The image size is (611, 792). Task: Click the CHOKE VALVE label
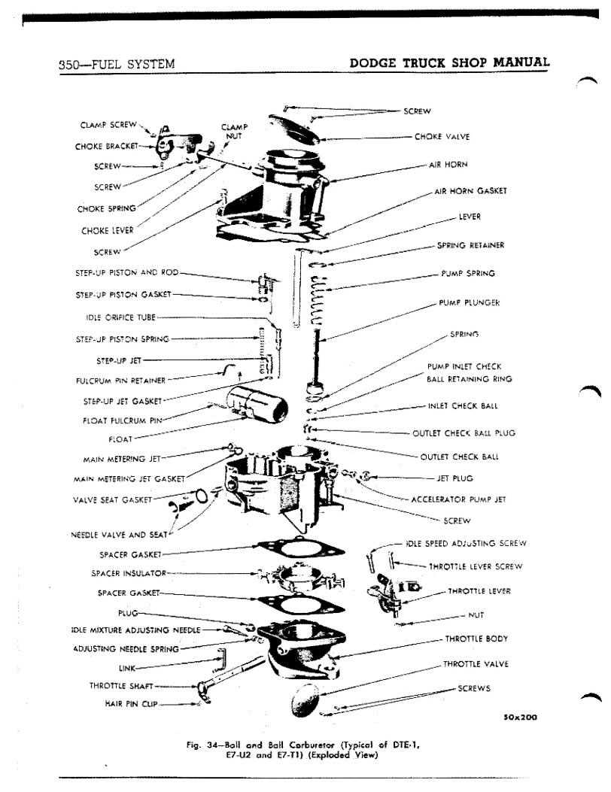click(442, 137)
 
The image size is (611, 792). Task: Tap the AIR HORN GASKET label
click(471, 191)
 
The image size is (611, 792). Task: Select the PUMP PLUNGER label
click(470, 302)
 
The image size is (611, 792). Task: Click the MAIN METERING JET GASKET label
click(129, 478)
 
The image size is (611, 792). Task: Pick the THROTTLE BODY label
click(476, 639)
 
